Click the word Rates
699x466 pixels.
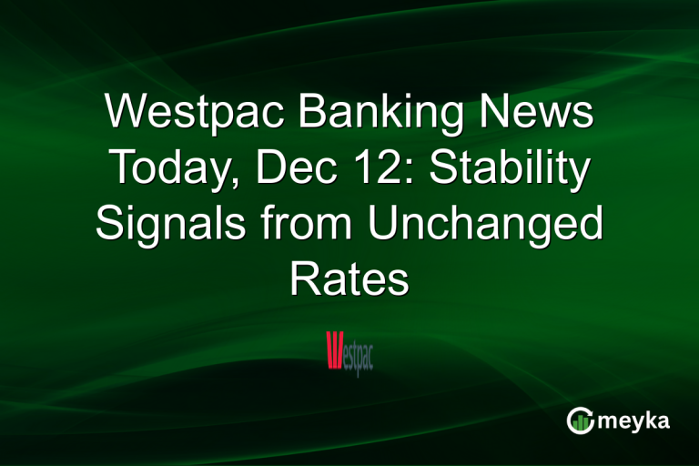(349, 280)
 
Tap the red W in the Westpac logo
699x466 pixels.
(333, 350)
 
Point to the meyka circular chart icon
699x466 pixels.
(580, 420)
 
